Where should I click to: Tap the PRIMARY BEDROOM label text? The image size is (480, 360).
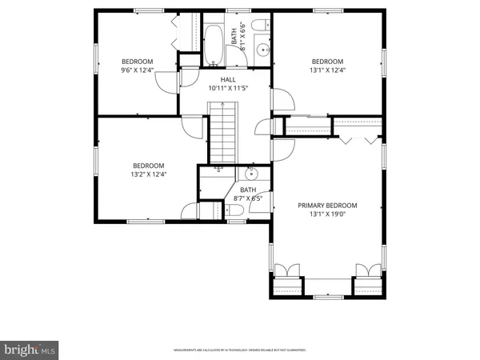[327, 205]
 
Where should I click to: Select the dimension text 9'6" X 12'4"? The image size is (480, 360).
[137, 71]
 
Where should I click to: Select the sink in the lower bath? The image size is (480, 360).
[252, 174]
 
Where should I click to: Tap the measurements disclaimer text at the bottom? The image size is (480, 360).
[239, 350]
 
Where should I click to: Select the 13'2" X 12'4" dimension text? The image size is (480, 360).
[148, 175]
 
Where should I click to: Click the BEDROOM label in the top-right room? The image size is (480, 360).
[327, 62]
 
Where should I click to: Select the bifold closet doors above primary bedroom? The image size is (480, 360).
[358, 141]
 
